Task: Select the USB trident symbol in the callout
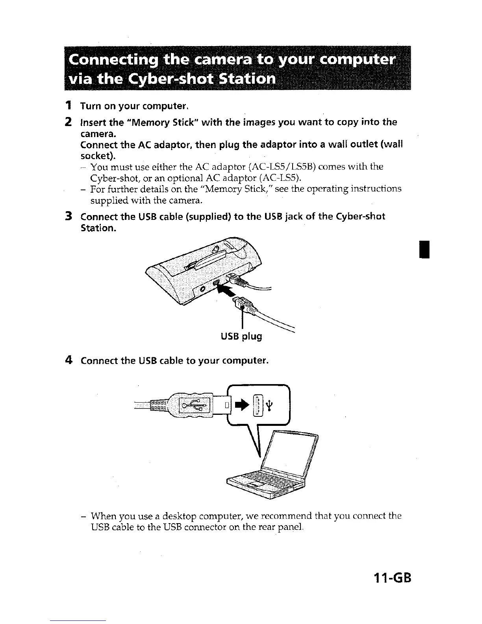[269, 405]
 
